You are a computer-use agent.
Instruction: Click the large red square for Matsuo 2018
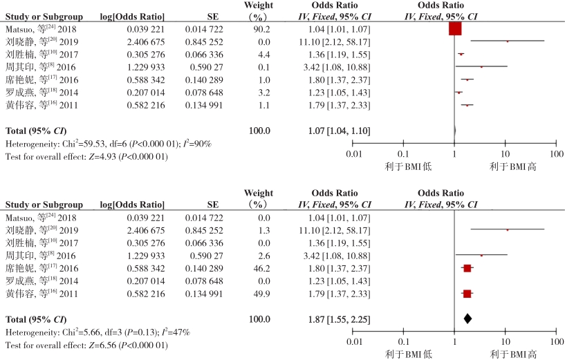pyautogui.click(x=454, y=28)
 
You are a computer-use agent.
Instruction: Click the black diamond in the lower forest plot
pyautogui.click(x=467, y=319)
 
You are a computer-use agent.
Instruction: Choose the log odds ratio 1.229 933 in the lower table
pyautogui.click(x=145, y=255)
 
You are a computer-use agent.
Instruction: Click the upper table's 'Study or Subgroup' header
pyautogui.click(x=44, y=16)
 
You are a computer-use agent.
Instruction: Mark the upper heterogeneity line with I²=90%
pyautogui.click(x=109, y=143)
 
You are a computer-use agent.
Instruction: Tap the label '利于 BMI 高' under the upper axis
pyautogui.click(x=513, y=166)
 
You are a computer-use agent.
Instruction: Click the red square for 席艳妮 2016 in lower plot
pyautogui.click(x=467, y=267)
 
